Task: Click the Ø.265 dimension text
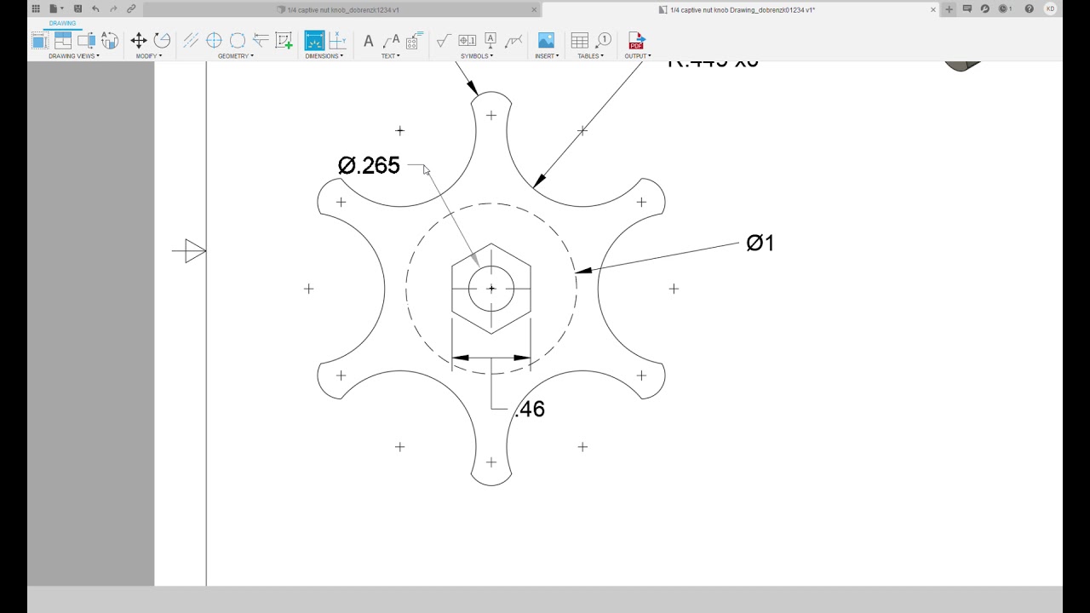coord(369,165)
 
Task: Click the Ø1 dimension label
coord(760,243)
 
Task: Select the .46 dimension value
coord(530,410)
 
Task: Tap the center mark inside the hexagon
coord(491,289)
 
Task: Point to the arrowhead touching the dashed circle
coord(582,272)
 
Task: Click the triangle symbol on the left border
coord(194,251)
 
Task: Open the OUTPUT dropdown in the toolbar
coord(637,56)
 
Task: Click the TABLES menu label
coord(590,56)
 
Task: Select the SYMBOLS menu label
coord(476,56)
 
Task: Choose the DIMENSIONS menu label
coord(324,56)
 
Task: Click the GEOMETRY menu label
coord(235,56)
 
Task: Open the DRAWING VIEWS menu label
coord(73,56)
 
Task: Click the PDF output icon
coord(636,40)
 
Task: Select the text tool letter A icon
coord(368,41)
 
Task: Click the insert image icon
coord(546,40)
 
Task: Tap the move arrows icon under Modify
coord(139,40)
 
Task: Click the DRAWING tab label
coord(62,23)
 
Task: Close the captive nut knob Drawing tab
coord(933,9)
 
